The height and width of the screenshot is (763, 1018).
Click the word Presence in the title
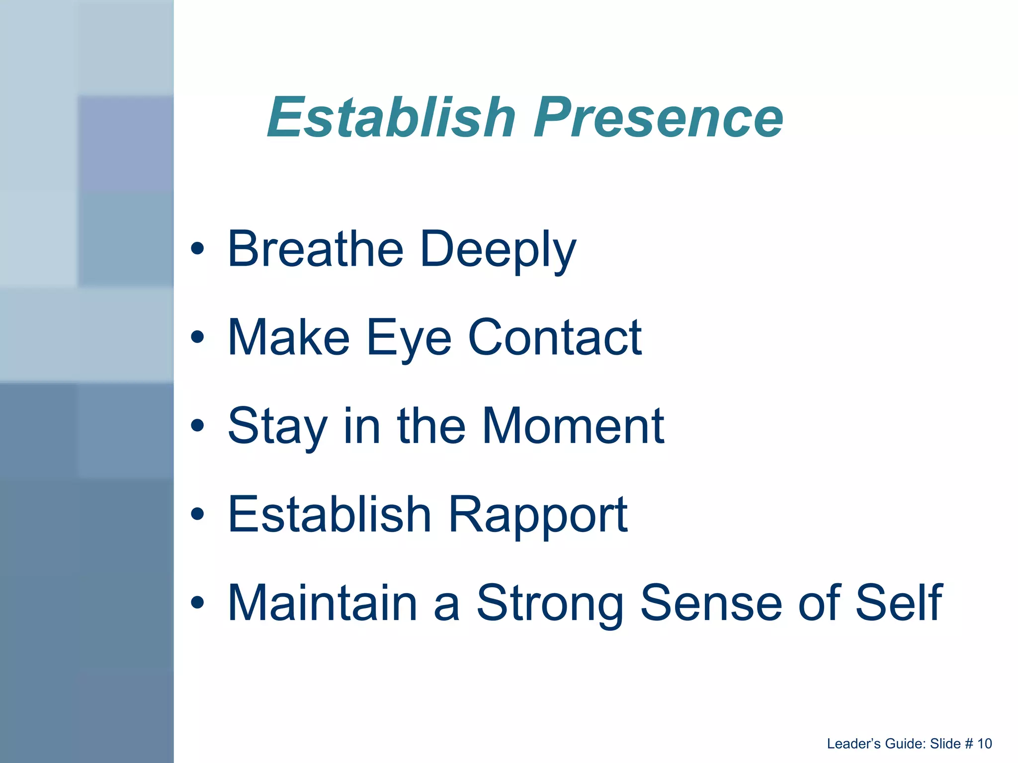[x=658, y=118]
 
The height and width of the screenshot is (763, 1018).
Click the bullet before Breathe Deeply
[x=197, y=249]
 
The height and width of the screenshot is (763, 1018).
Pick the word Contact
[x=555, y=338]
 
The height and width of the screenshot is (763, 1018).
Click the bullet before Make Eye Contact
[x=197, y=337]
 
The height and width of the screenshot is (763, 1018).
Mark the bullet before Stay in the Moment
[x=197, y=426]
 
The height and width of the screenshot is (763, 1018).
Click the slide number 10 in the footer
[x=984, y=744]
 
